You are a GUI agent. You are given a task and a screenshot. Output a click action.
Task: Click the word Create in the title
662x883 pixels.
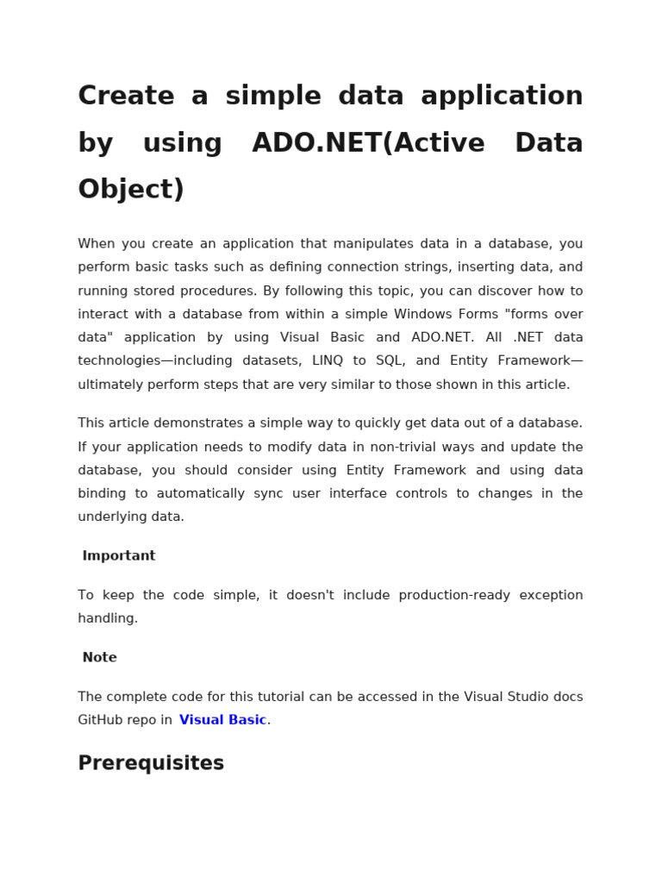click(126, 96)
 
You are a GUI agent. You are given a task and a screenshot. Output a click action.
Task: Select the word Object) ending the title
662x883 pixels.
click(131, 189)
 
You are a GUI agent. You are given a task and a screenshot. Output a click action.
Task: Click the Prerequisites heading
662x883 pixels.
click(151, 763)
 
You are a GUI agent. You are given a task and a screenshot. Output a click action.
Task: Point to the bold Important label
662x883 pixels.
click(119, 556)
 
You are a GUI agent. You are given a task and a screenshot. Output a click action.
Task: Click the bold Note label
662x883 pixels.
click(99, 658)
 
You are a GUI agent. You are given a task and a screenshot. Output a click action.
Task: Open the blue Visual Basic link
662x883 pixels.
click(222, 720)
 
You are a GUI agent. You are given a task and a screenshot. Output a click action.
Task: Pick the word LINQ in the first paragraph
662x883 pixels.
click(328, 361)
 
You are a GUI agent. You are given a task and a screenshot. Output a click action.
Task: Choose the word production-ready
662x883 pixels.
click(455, 595)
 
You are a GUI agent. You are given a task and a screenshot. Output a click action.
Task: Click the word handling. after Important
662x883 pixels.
click(108, 618)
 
